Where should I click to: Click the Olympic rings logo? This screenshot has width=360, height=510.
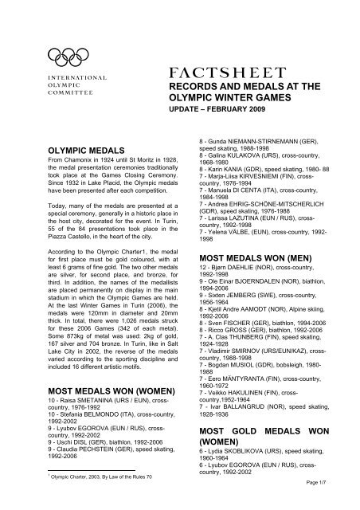pos(67,55)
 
